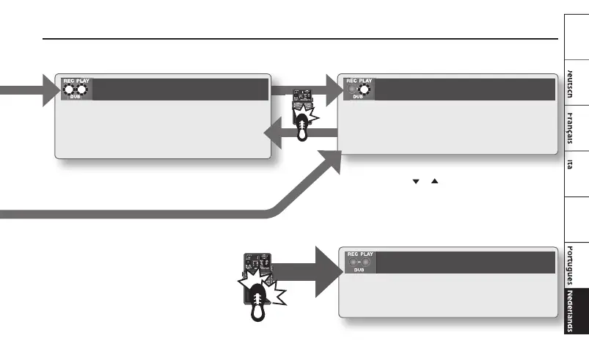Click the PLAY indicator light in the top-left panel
[x=83, y=90]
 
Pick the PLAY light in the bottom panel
[x=366, y=262]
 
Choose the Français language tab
[x=576, y=131]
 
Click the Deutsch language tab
[x=576, y=81]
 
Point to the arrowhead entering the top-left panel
[x=47, y=91]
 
